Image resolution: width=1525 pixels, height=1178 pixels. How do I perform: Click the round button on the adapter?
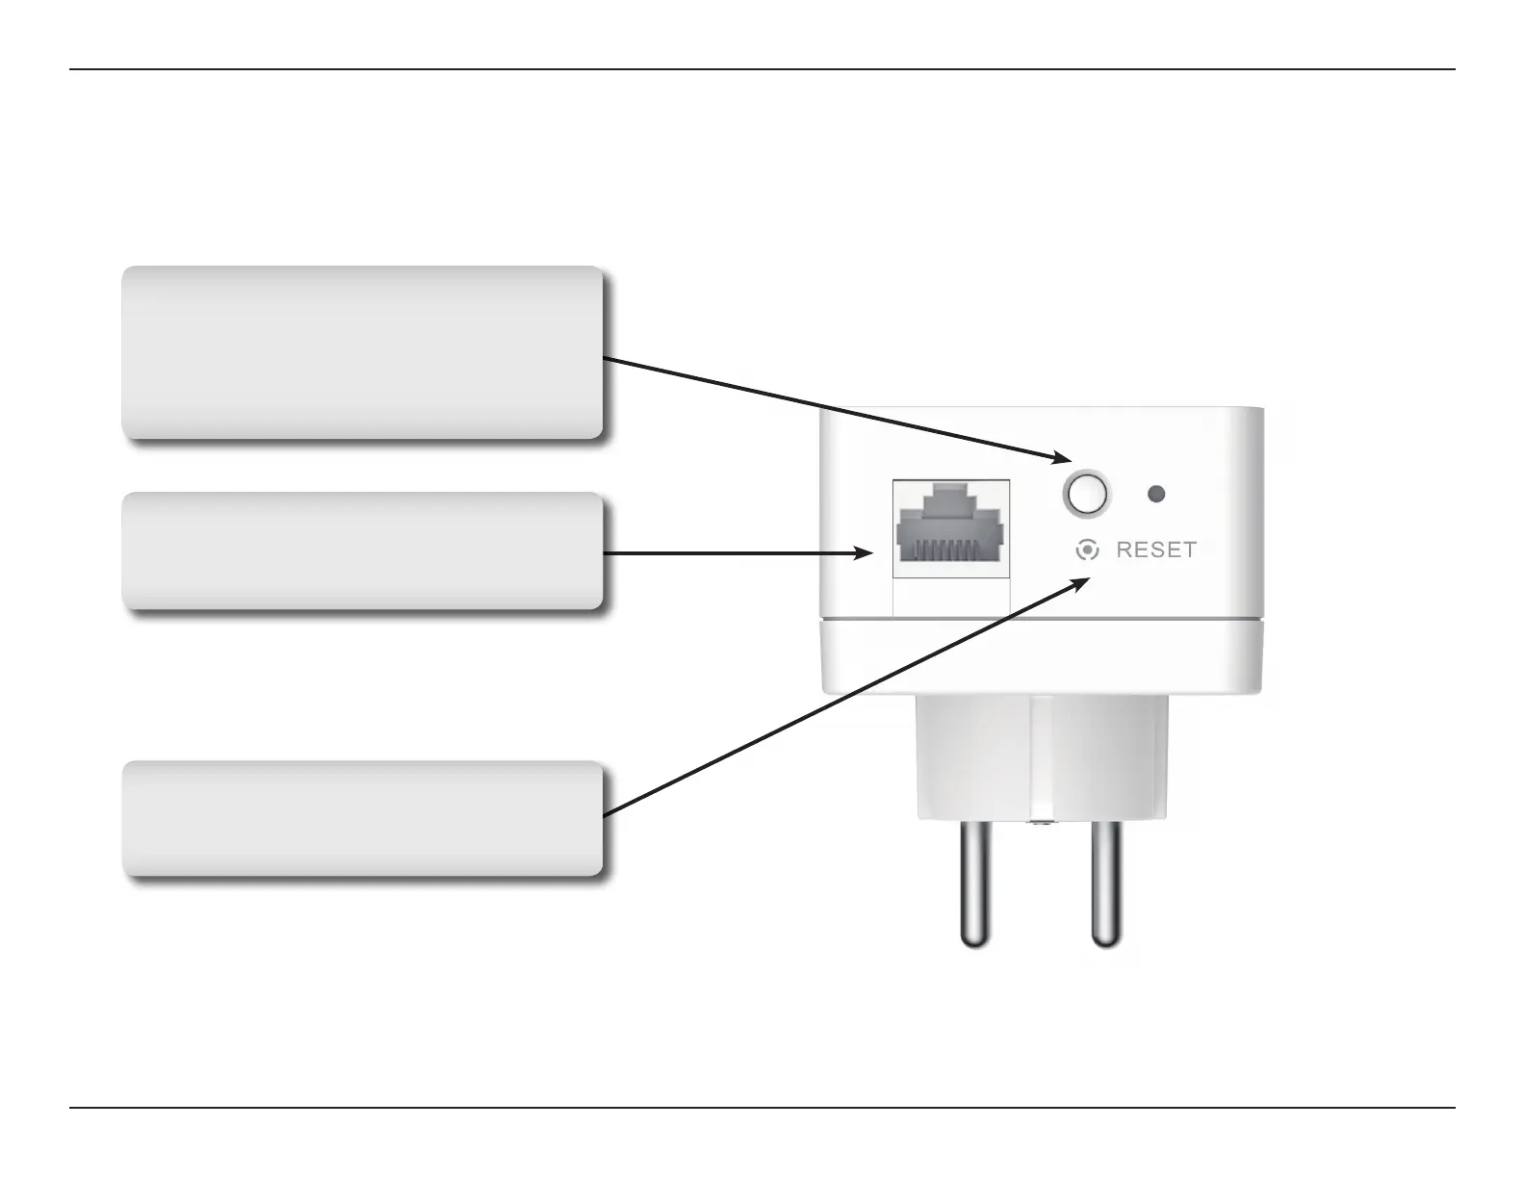(1085, 494)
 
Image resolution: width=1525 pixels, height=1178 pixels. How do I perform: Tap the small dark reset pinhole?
(1157, 494)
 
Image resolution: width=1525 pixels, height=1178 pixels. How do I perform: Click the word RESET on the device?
(1156, 550)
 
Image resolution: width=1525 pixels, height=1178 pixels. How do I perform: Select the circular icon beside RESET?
(1087, 550)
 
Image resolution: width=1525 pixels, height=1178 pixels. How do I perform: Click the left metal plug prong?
(975, 884)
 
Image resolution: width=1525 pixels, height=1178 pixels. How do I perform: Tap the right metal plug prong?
(1105, 884)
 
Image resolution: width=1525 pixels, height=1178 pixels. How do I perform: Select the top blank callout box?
(362, 353)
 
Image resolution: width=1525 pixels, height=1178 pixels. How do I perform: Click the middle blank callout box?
(362, 551)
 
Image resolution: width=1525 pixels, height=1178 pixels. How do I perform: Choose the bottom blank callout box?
(362, 819)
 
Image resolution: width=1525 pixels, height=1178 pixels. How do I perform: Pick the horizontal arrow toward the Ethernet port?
(732, 553)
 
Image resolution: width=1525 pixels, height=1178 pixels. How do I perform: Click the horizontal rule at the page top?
(762, 69)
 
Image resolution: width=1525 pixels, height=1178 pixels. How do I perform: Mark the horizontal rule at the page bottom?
(762, 1108)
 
